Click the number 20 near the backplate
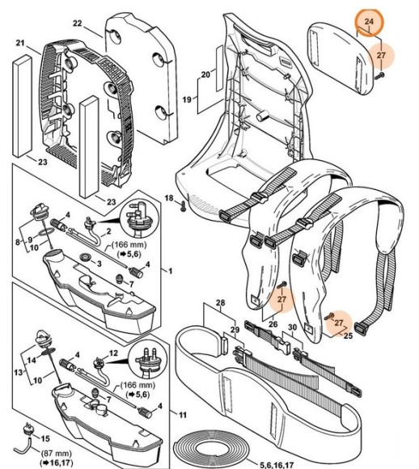205,76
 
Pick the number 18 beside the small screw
169,198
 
